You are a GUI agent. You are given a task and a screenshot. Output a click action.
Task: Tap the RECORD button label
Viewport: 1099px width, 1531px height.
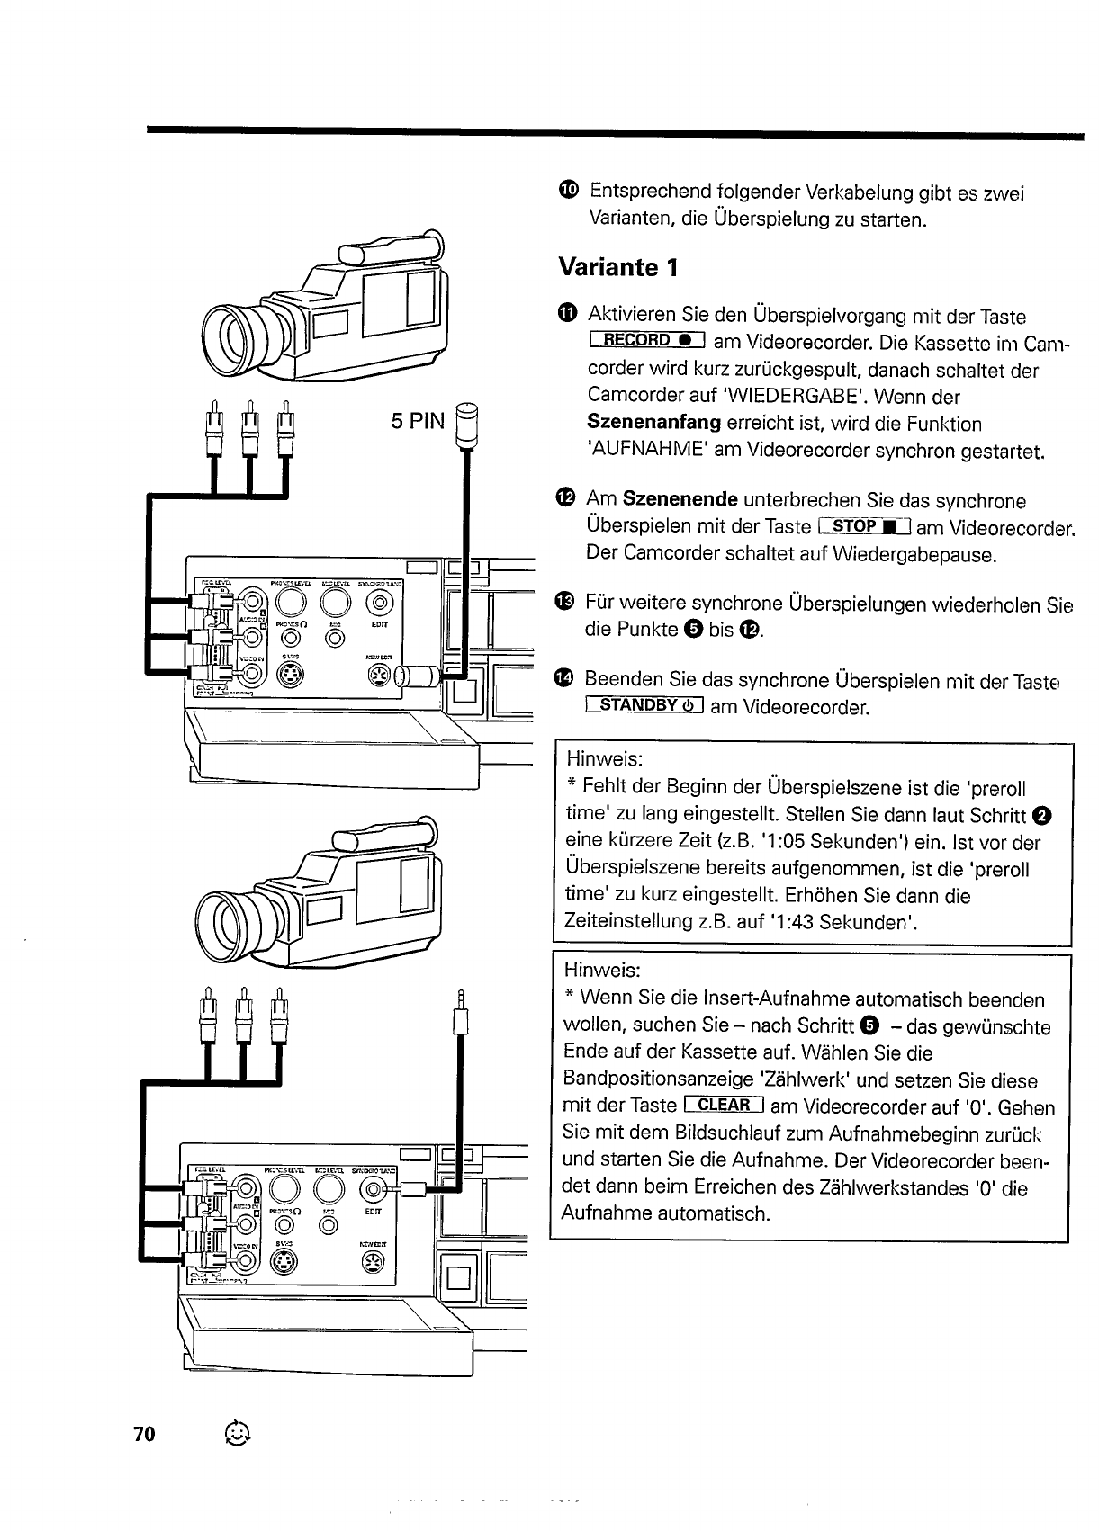pyautogui.click(x=645, y=340)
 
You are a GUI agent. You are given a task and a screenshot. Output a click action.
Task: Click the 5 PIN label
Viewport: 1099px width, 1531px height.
pyautogui.click(x=418, y=420)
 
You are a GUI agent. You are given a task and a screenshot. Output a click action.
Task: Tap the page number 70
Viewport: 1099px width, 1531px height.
pyautogui.click(x=144, y=1434)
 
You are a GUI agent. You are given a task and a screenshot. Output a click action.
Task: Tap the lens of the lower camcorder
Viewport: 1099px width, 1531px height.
pyautogui.click(x=231, y=925)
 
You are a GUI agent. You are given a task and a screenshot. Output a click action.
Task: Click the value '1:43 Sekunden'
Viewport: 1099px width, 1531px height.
pyautogui.click(x=842, y=922)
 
